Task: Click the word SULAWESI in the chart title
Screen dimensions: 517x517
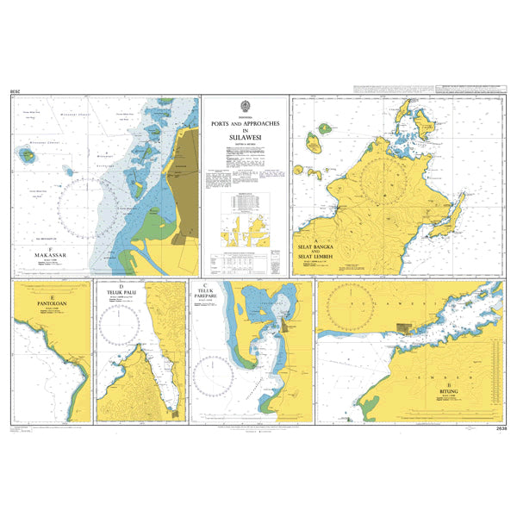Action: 245,136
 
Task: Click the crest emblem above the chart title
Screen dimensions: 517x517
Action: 245,105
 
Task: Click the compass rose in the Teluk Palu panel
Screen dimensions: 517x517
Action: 121,326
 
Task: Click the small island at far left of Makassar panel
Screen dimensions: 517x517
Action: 27,156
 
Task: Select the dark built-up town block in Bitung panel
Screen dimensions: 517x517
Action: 403,327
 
